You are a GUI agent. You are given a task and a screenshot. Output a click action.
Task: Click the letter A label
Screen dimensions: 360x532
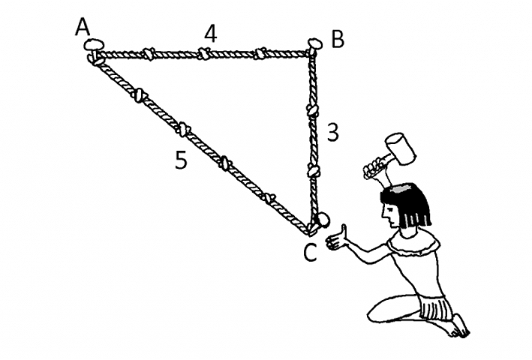(x=83, y=28)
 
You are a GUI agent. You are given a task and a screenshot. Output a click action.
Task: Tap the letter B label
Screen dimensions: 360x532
(x=337, y=39)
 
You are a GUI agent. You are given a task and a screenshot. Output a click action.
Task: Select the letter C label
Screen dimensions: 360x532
(x=311, y=253)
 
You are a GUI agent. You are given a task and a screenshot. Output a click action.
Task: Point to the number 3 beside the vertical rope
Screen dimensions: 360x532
(x=334, y=133)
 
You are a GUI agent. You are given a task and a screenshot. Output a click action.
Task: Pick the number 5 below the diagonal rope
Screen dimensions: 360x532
(x=180, y=160)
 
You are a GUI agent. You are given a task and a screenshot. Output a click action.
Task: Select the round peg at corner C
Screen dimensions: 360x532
(x=322, y=220)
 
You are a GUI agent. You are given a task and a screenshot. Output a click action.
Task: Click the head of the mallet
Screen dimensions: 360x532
(x=400, y=149)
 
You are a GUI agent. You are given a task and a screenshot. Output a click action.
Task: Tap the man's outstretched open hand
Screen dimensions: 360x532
(x=338, y=238)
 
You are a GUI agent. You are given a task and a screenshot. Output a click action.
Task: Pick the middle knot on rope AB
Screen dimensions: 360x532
(x=204, y=53)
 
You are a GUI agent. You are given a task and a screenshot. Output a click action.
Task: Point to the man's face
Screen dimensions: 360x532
(x=392, y=214)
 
